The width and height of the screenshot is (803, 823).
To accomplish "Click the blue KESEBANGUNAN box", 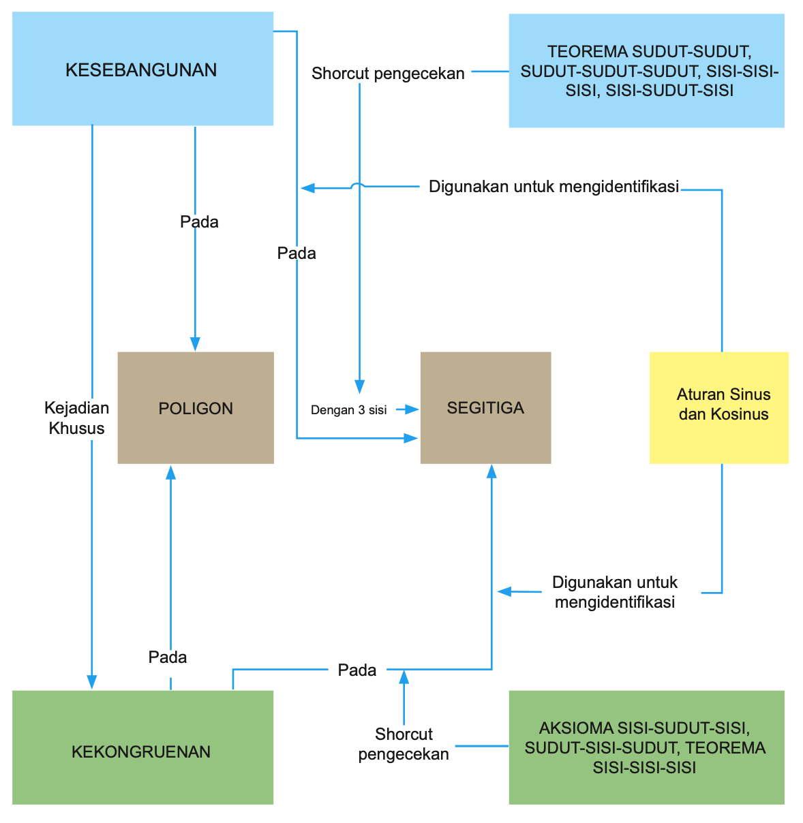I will click(142, 69).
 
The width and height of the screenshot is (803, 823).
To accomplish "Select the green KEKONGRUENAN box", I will click(142, 747).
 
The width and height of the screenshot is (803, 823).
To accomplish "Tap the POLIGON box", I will click(196, 408).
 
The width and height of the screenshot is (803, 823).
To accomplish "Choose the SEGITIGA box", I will click(485, 408).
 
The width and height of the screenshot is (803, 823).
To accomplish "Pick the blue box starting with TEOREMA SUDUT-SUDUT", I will click(646, 71).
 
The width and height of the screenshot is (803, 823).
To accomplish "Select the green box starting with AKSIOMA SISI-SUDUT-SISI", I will click(646, 747).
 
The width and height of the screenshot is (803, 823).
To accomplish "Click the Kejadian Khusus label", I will click(76, 418).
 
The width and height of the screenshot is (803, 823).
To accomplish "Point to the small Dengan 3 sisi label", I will click(348, 410).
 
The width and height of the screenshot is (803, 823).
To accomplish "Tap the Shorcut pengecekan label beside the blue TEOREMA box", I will click(388, 74).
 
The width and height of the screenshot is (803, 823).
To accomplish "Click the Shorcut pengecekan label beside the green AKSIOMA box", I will click(404, 744).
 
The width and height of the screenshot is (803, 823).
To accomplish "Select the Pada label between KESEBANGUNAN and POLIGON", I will click(199, 222).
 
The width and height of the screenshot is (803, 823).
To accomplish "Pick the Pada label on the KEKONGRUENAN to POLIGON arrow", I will click(168, 657).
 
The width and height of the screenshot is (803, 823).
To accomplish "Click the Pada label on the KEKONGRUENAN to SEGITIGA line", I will click(357, 670).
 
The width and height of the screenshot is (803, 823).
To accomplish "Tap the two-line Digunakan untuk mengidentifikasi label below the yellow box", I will click(615, 592).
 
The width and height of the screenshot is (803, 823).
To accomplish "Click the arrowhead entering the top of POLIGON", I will click(196, 344).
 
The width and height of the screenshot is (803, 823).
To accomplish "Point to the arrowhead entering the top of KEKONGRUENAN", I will click(91, 683).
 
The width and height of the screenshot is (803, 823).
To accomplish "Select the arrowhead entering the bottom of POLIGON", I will click(170, 471).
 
